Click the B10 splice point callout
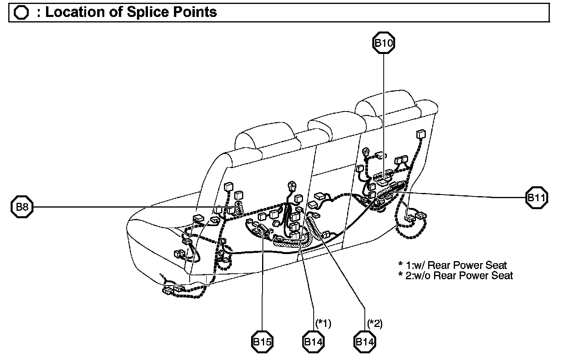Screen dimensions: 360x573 click(383, 43)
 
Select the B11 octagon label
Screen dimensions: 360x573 click(536, 198)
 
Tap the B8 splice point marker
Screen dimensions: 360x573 click(22, 207)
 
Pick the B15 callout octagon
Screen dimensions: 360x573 click(262, 342)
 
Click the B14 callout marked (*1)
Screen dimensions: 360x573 click(313, 342)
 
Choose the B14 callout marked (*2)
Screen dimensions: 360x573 click(364, 342)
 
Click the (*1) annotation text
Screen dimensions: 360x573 click(323, 324)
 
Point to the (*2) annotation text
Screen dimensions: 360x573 click(375, 324)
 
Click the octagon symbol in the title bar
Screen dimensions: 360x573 click(21, 13)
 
